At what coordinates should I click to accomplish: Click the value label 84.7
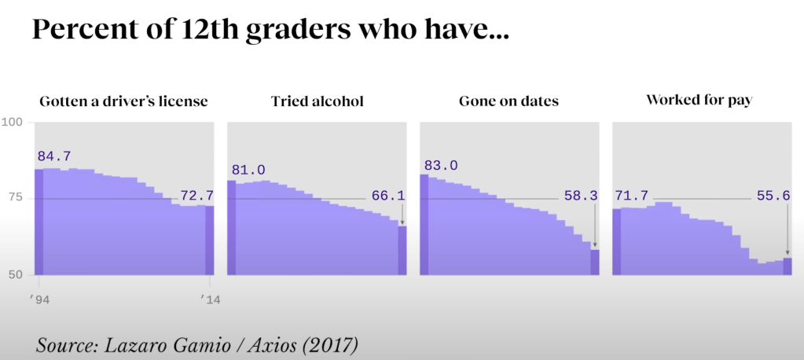pyautogui.click(x=53, y=157)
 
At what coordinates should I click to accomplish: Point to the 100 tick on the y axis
pyautogui.click(x=13, y=123)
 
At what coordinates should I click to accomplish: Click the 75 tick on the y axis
pyautogui.click(x=17, y=199)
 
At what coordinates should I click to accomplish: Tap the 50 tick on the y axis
pyautogui.click(x=17, y=274)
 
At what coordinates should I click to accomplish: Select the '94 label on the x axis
pyautogui.click(x=38, y=299)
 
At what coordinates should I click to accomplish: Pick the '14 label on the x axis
pyautogui.click(x=209, y=299)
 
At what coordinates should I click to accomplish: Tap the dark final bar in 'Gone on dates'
pyautogui.click(x=595, y=262)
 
